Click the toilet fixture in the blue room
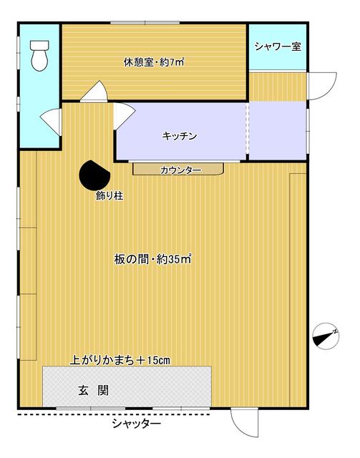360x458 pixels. (39, 54)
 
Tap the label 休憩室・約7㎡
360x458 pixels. (153, 62)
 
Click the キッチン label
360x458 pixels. (179, 135)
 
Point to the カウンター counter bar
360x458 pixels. (179, 170)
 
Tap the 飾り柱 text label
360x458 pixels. (110, 195)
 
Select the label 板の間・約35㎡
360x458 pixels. (152, 259)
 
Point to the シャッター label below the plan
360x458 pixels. (136, 424)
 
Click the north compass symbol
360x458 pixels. (325, 334)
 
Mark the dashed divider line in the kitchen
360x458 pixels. (248, 132)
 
